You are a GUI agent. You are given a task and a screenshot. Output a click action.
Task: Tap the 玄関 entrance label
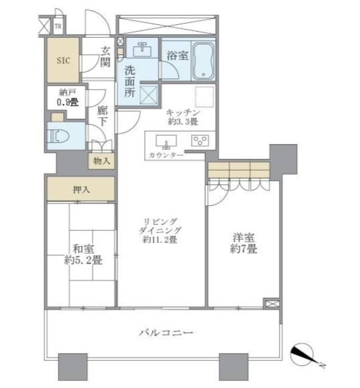click(x=105, y=56)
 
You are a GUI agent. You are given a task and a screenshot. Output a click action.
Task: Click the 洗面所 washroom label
click(x=129, y=81)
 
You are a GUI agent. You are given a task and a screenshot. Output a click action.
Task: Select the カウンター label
click(x=164, y=156)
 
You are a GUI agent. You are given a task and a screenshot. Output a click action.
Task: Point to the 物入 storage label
click(x=102, y=161)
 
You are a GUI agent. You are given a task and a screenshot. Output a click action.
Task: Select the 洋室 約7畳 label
click(x=243, y=242)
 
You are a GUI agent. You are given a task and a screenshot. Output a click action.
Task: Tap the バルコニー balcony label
click(x=165, y=333)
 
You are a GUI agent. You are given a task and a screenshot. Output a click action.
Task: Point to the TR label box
click(x=58, y=26)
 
